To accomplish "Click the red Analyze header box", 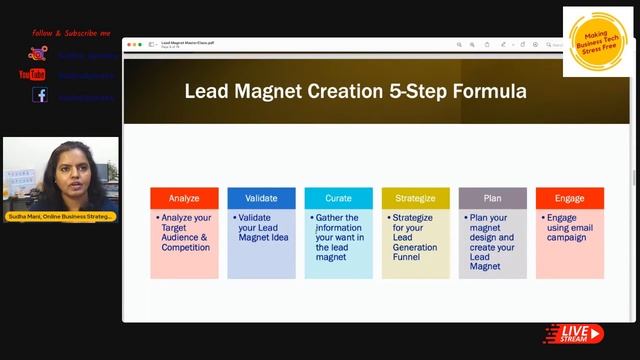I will point(184,198).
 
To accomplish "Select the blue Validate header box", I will point(261,198).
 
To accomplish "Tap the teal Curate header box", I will point(338,198).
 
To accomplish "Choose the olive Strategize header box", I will point(415,198).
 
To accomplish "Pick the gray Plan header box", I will point(492,198).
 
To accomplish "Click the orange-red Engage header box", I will point(569,198).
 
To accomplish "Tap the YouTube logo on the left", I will point(32,74).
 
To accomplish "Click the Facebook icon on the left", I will point(39,95).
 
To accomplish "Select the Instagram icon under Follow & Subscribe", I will point(38,54).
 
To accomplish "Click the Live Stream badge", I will point(573,333).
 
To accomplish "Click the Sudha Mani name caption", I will point(61,216).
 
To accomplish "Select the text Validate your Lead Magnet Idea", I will point(262,227).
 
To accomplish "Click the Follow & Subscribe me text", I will point(71,33).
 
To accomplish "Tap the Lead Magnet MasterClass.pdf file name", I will point(188,43).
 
